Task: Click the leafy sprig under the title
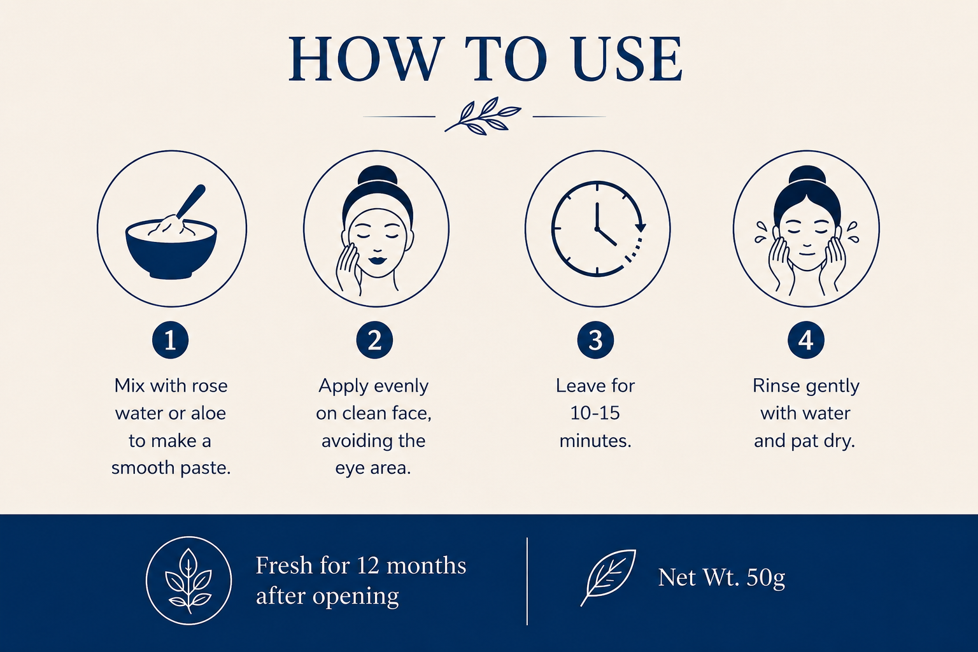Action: [x=483, y=116]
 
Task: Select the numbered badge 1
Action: [x=170, y=340]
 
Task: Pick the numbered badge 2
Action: [x=374, y=340]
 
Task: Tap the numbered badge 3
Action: [x=595, y=340]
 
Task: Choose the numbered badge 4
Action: [x=806, y=340]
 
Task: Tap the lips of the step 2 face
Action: [x=377, y=260]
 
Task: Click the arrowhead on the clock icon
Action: [x=640, y=227]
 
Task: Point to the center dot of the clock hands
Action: [x=597, y=229]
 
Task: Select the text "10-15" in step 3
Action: [x=595, y=413]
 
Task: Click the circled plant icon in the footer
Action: [x=188, y=581]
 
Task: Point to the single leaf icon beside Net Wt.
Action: [x=608, y=578]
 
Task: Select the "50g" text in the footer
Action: [x=765, y=578]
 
